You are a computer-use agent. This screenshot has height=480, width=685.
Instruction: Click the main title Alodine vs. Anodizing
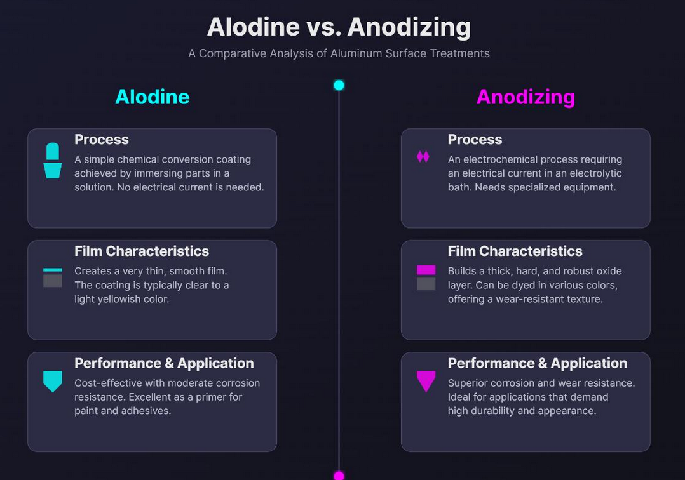click(339, 27)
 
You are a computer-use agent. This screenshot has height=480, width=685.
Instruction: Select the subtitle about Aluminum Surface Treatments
click(339, 53)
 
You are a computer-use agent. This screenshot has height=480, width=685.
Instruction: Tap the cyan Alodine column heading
click(152, 97)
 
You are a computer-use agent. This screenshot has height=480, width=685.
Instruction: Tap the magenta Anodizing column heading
click(526, 97)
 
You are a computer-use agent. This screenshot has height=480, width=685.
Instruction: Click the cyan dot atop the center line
click(339, 85)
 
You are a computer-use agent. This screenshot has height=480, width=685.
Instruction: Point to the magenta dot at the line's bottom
click(339, 476)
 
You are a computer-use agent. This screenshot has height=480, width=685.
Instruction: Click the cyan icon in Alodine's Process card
click(52, 161)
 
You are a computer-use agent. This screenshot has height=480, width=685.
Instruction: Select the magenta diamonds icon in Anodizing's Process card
click(423, 157)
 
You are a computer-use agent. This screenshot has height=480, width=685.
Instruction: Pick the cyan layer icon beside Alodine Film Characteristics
click(52, 277)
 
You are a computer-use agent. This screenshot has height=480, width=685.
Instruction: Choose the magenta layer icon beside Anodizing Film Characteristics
click(426, 277)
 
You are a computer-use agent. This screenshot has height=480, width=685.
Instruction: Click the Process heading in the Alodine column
click(102, 140)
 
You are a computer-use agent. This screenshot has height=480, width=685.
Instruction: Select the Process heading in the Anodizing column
click(475, 140)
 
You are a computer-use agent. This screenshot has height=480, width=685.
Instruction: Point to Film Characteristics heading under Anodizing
click(515, 251)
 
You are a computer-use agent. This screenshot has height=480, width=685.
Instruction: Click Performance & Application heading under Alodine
click(164, 363)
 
